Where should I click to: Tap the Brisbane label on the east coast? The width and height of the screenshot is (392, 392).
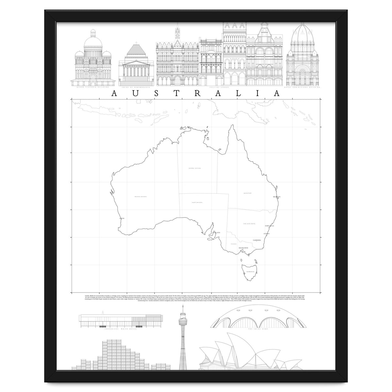coord(277,197)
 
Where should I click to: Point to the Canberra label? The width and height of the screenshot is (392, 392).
coord(257,240)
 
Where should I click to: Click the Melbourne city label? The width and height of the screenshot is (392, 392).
coord(243,248)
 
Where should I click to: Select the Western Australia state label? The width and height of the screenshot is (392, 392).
coord(141,197)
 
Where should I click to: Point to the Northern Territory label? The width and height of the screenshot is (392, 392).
coord(194,168)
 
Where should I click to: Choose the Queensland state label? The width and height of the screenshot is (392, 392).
coord(247,193)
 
